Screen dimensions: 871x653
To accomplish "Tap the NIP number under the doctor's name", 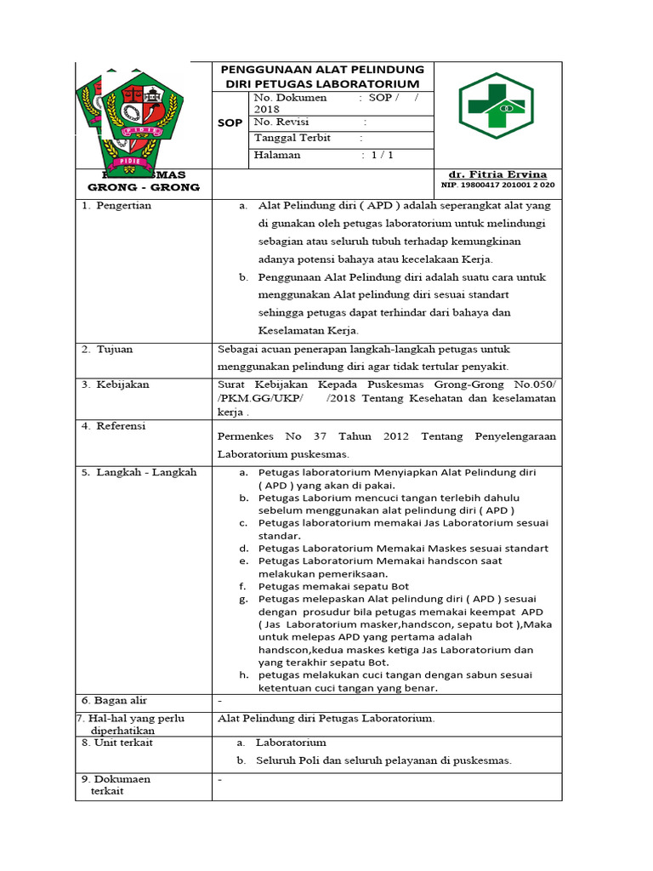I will pyautogui.click(x=497, y=185).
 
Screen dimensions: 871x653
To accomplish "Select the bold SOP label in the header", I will pyautogui.click(x=230, y=123).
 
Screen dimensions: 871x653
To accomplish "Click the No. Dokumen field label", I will pyautogui.click(x=290, y=98).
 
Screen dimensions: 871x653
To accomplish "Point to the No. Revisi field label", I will pyautogui.click(x=281, y=122).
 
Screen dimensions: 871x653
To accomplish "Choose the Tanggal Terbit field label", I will pyautogui.click(x=292, y=138).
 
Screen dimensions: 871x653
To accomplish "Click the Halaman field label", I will pyautogui.click(x=276, y=156).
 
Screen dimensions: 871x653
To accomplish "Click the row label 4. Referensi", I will pyautogui.click(x=114, y=426).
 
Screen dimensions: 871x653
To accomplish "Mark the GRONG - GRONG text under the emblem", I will pyautogui.click(x=144, y=187).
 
